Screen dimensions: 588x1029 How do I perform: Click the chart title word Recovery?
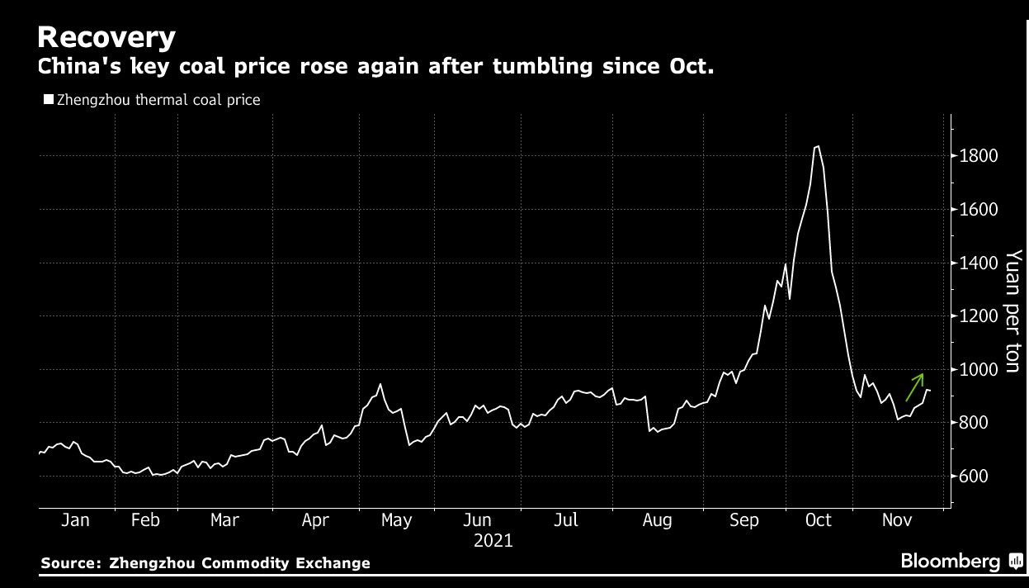click(x=106, y=37)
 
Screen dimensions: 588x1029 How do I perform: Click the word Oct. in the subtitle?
click(x=692, y=67)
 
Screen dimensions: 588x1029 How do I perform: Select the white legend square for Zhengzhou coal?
click(x=48, y=100)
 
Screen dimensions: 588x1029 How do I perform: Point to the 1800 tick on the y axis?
click(x=978, y=156)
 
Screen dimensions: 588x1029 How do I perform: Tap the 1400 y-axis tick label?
click(x=978, y=263)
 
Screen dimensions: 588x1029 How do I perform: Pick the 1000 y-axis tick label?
click(x=978, y=370)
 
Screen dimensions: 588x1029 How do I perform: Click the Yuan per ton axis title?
click(x=1013, y=311)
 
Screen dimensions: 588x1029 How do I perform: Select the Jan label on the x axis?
click(x=75, y=520)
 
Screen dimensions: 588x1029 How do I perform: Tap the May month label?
click(x=397, y=520)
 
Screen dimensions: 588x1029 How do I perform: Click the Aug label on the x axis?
click(x=657, y=520)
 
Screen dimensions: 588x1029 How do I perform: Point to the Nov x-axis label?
click(x=897, y=520)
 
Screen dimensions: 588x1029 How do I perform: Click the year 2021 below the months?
click(x=493, y=542)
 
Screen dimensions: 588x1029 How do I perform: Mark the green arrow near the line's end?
click(x=914, y=386)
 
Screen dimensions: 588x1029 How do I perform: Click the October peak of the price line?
click(x=817, y=146)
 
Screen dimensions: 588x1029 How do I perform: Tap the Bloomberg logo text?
click(x=950, y=562)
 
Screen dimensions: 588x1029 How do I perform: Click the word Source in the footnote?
click(x=69, y=563)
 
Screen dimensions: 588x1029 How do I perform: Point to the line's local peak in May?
click(x=380, y=384)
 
